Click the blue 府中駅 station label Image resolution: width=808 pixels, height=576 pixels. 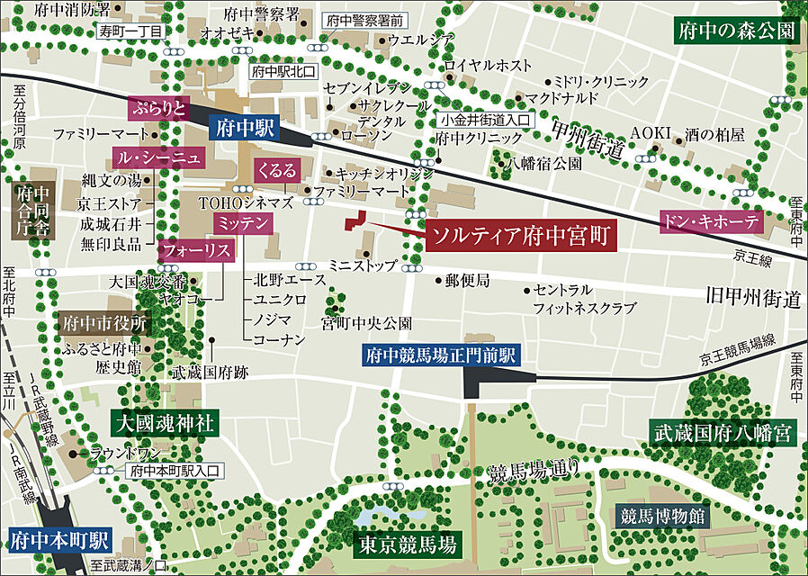(244, 128)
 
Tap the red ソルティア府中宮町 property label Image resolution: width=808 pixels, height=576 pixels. (521, 237)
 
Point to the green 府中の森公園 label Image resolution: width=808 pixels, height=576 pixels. (736, 31)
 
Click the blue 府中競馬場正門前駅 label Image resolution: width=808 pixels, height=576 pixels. (440, 355)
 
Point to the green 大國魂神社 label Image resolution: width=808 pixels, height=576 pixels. (164, 422)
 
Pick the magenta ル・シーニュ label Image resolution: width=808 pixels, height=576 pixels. (158, 158)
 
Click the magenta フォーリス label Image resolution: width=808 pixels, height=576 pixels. (194, 251)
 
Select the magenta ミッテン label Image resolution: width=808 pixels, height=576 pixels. (242, 221)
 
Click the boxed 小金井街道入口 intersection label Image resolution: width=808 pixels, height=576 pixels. (486, 119)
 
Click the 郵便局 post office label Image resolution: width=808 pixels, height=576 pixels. (467, 281)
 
